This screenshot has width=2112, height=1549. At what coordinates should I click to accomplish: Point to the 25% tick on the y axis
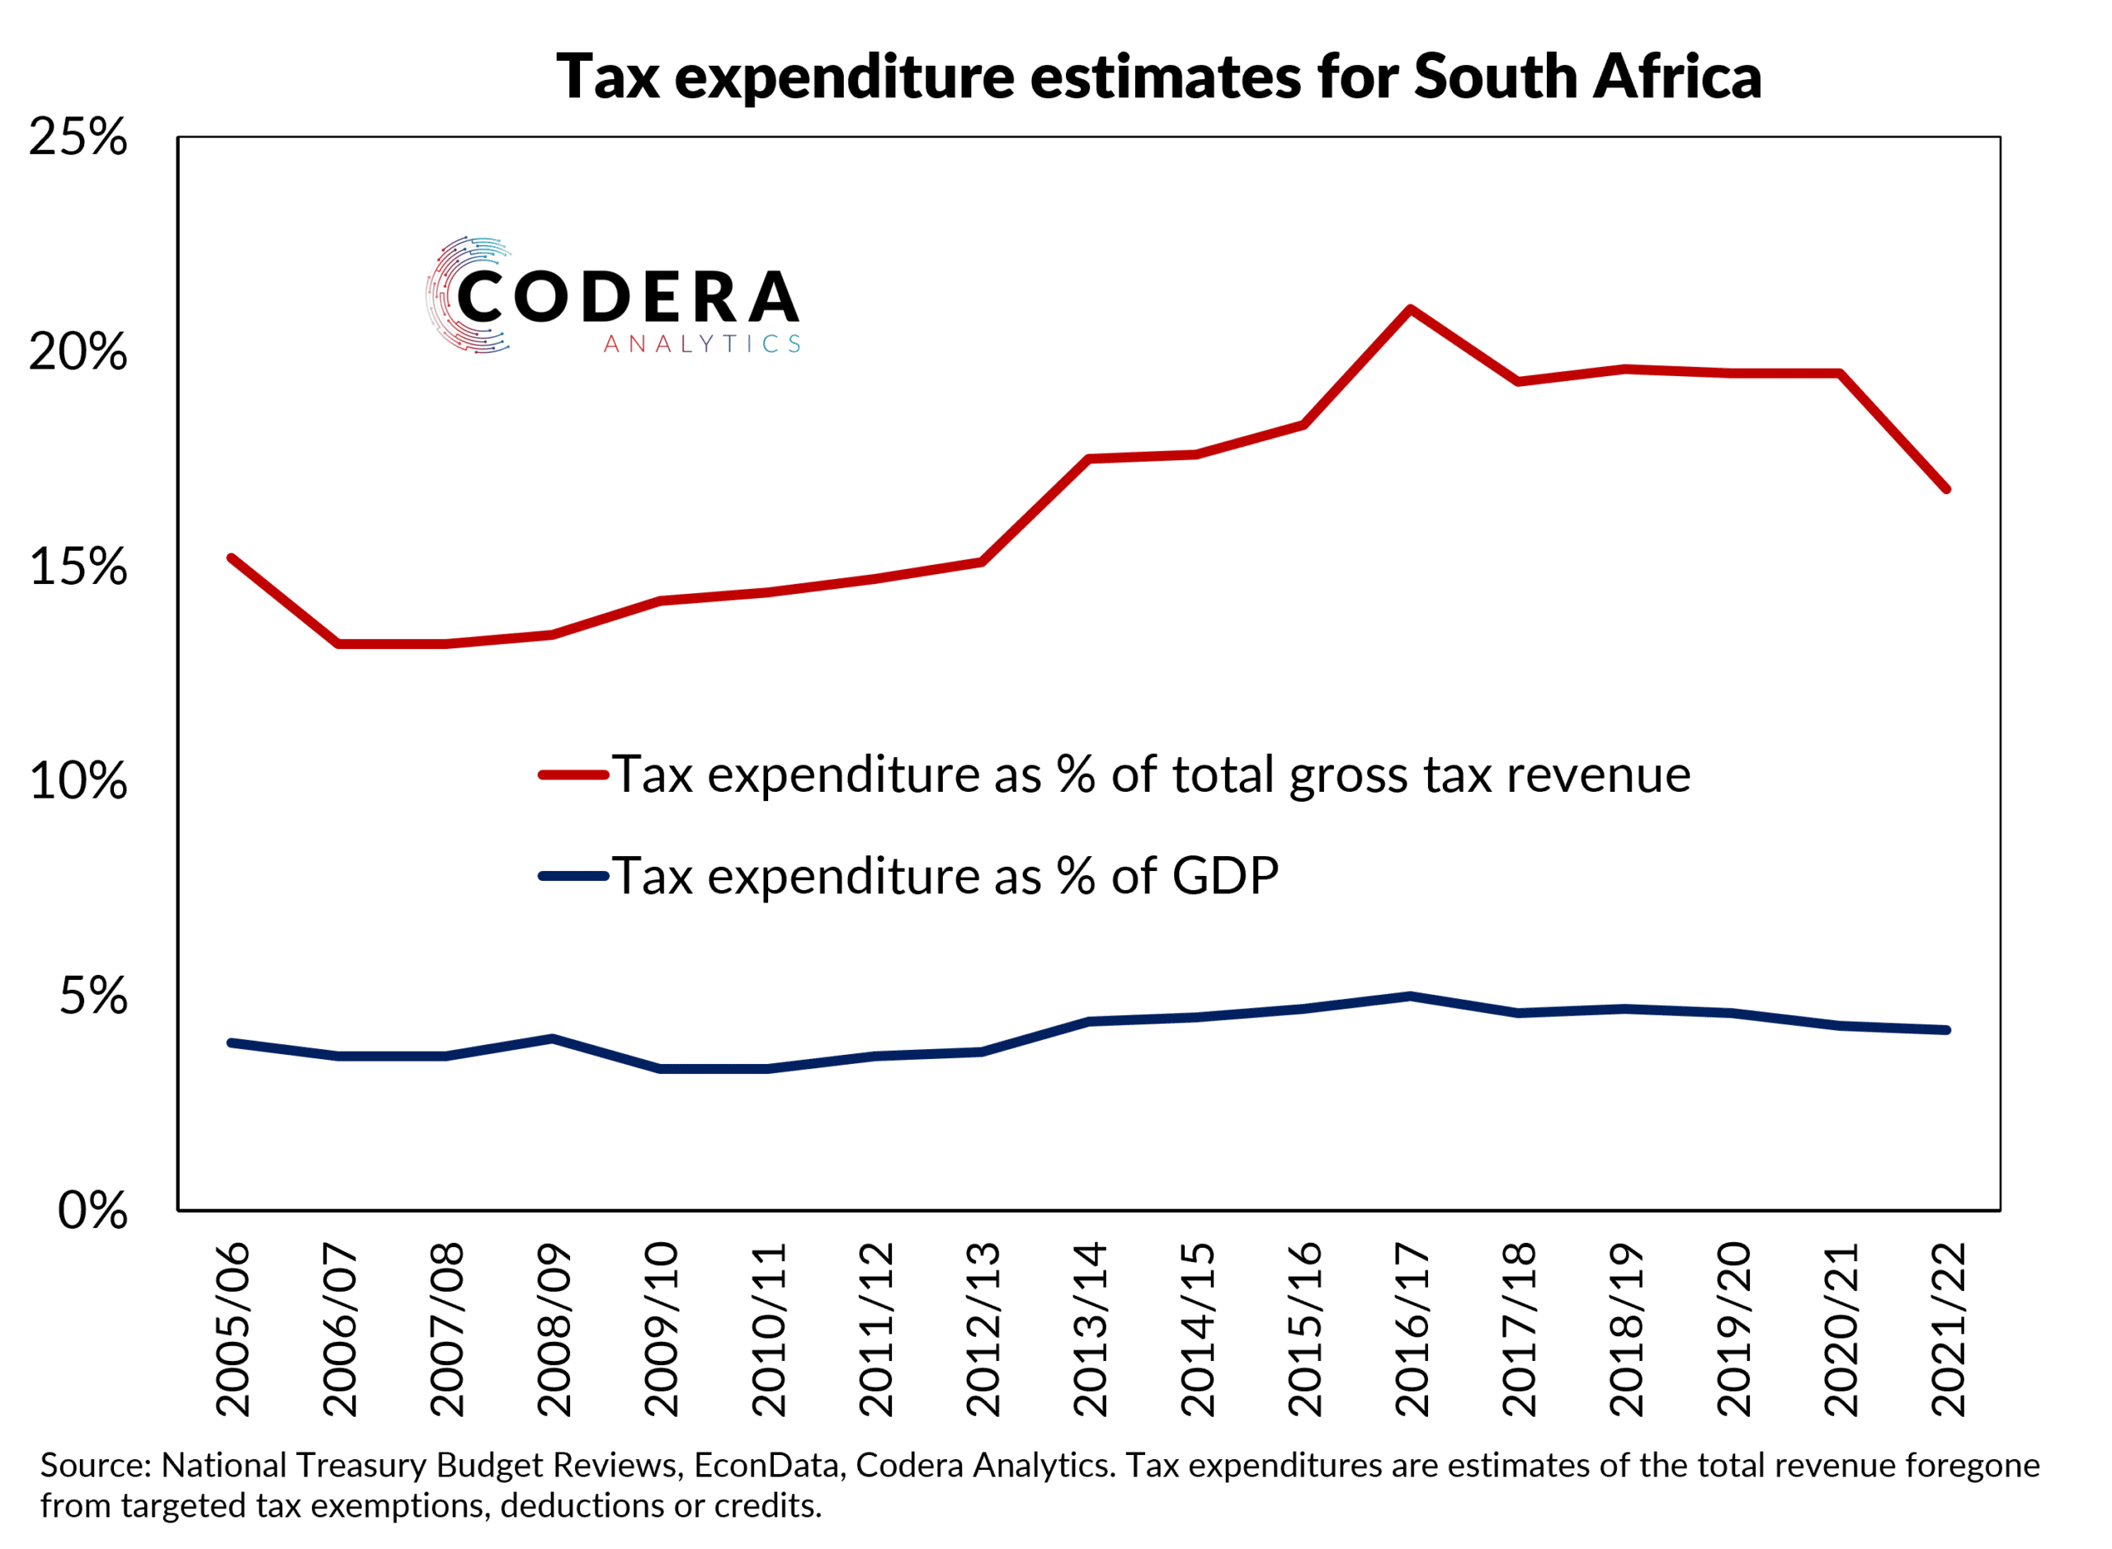[x=78, y=138]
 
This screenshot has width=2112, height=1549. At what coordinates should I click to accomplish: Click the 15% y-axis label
[x=78, y=567]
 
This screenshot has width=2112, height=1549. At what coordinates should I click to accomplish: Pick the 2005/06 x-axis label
[x=233, y=1330]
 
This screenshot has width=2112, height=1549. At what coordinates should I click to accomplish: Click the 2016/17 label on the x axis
[x=1412, y=1330]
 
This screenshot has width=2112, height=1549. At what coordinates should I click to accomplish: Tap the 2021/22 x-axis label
[x=1948, y=1330]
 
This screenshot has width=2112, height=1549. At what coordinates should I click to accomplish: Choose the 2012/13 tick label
[x=983, y=1330]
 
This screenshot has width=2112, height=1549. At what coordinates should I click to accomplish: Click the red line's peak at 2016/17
[x=1411, y=308]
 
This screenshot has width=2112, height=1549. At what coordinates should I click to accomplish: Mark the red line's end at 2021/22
[x=1947, y=489]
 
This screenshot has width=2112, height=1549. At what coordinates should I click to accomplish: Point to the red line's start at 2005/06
[x=232, y=558]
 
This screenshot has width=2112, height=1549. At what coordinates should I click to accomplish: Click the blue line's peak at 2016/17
[x=1411, y=996]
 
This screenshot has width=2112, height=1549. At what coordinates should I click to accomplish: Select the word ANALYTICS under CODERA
[x=702, y=344]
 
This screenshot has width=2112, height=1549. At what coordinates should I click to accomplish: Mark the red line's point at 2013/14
[x=1089, y=459]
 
